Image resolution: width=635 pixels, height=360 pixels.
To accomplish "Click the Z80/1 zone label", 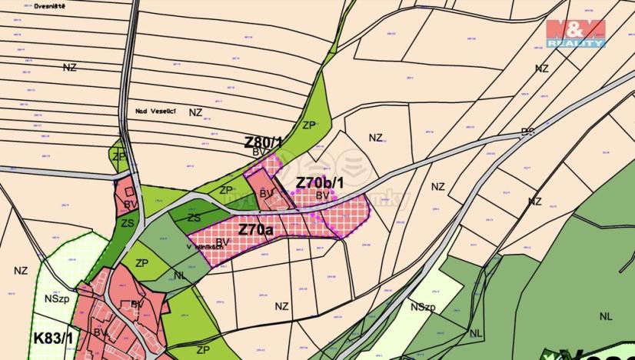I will point(264,142).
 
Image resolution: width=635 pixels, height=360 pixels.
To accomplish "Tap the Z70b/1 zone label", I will point(321,183).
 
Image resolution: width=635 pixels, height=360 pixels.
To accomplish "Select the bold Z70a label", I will point(254,228).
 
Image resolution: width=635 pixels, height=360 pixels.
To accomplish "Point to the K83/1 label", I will point(53,337).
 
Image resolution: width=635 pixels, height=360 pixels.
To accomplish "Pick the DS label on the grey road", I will point(527,132).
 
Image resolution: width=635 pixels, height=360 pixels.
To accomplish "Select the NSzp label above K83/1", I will point(57,298).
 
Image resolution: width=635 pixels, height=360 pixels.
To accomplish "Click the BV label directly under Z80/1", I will point(259,152).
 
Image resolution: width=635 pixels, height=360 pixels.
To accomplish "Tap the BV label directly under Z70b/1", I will point(322,195).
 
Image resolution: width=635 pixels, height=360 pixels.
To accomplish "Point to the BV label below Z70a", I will point(222,242).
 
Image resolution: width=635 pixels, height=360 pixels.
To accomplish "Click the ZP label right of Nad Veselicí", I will point(309,125).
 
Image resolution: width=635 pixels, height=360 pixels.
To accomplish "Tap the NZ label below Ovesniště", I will point(70,68).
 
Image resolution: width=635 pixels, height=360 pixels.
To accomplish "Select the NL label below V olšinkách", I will point(179,275).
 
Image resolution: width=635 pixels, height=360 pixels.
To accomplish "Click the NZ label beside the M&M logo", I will point(542,68).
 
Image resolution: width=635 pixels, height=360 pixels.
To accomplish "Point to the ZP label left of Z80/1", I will point(118,156).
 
